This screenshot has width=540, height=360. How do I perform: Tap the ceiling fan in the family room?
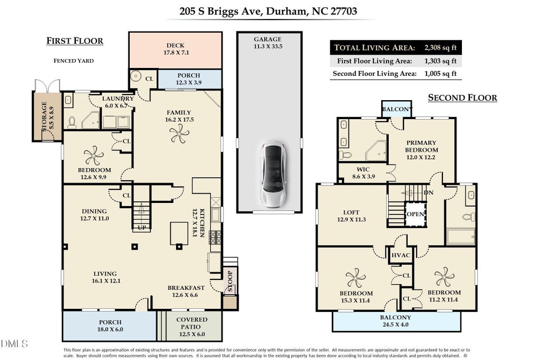(x=179, y=133)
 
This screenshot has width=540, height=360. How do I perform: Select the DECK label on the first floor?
(x=176, y=45)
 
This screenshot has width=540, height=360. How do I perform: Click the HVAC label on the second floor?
(x=401, y=255)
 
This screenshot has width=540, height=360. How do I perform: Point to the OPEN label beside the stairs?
(x=416, y=214)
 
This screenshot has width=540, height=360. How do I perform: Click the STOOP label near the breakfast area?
(x=230, y=281)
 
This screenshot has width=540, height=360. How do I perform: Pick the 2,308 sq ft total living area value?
(x=440, y=47)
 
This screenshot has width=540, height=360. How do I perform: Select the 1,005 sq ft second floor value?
(x=440, y=73)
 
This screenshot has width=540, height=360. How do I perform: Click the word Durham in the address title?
(x=286, y=12)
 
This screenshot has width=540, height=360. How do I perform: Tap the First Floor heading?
(x=75, y=41)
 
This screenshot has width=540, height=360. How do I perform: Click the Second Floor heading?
(x=462, y=98)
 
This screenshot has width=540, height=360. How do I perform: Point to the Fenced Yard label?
(x=74, y=61)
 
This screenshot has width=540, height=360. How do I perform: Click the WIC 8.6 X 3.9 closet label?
(x=363, y=173)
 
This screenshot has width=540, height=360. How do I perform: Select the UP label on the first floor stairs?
(x=142, y=228)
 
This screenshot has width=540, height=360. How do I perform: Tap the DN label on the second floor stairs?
(x=428, y=192)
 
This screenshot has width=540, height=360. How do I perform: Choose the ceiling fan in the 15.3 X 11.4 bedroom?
(x=355, y=278)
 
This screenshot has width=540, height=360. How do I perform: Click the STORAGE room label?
(x=47, y=116)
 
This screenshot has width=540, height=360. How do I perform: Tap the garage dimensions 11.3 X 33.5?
(x=268, y=46)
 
